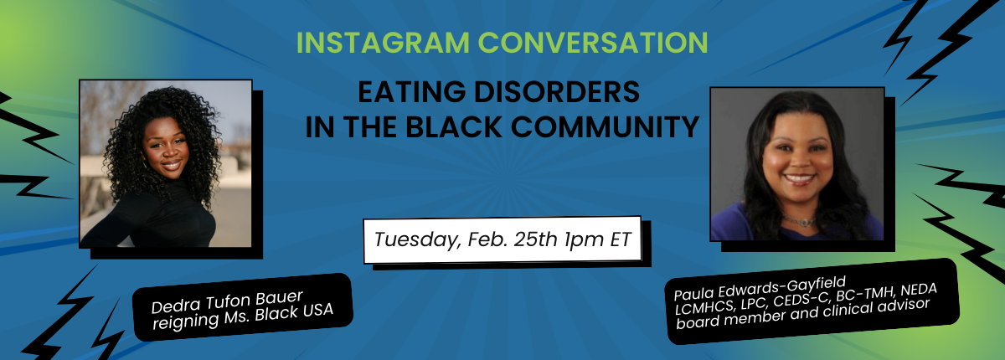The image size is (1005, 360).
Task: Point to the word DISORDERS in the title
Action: tap(557, 92)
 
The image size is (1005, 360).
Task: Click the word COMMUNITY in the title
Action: tap(605, 126)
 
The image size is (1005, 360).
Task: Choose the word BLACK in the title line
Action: tap(454, 126)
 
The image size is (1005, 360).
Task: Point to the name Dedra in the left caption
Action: tap(175, 306)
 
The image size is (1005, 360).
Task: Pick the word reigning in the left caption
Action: tap(185, 321)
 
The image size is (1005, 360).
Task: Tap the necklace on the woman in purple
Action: tap(799, 220)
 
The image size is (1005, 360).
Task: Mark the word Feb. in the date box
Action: tap(487, 239)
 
